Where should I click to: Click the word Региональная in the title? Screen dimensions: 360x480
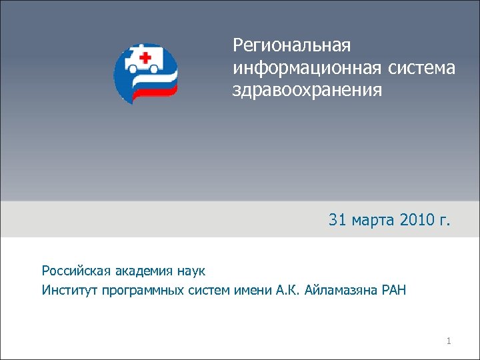click(x=291, y=46)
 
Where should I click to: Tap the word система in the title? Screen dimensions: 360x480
click(x=422, y=67)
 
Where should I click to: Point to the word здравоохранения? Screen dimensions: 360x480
click(x=307, y=89)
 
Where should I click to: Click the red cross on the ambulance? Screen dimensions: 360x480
click(x=143, y=55)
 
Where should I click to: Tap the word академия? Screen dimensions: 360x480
click(x=140, y=271)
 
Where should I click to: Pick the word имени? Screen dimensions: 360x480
click(x=254, y=290)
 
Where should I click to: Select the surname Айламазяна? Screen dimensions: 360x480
click(x=342, y=290)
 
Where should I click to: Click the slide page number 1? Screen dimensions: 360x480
click(x=449, y=342)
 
